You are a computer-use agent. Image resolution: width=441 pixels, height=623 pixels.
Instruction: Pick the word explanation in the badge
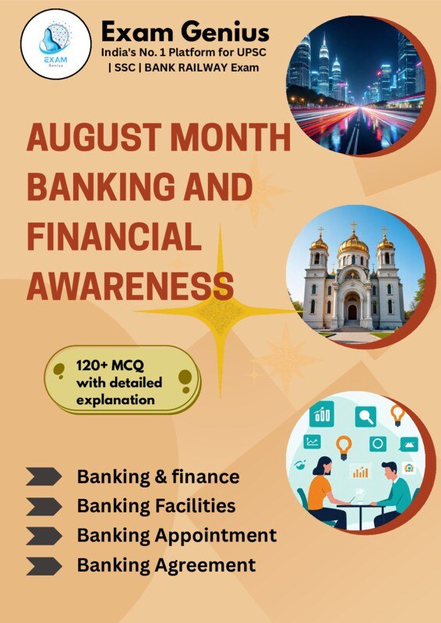tap(115, 400)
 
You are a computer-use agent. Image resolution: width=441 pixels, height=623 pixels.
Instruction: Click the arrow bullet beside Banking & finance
tap(44, 477)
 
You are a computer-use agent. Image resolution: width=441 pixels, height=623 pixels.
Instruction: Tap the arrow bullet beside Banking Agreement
tap(44, 565)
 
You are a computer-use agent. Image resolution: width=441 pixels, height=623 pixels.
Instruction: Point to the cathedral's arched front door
tap(352, 311)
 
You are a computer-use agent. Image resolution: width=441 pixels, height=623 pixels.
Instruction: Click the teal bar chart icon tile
tap(321, 415)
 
